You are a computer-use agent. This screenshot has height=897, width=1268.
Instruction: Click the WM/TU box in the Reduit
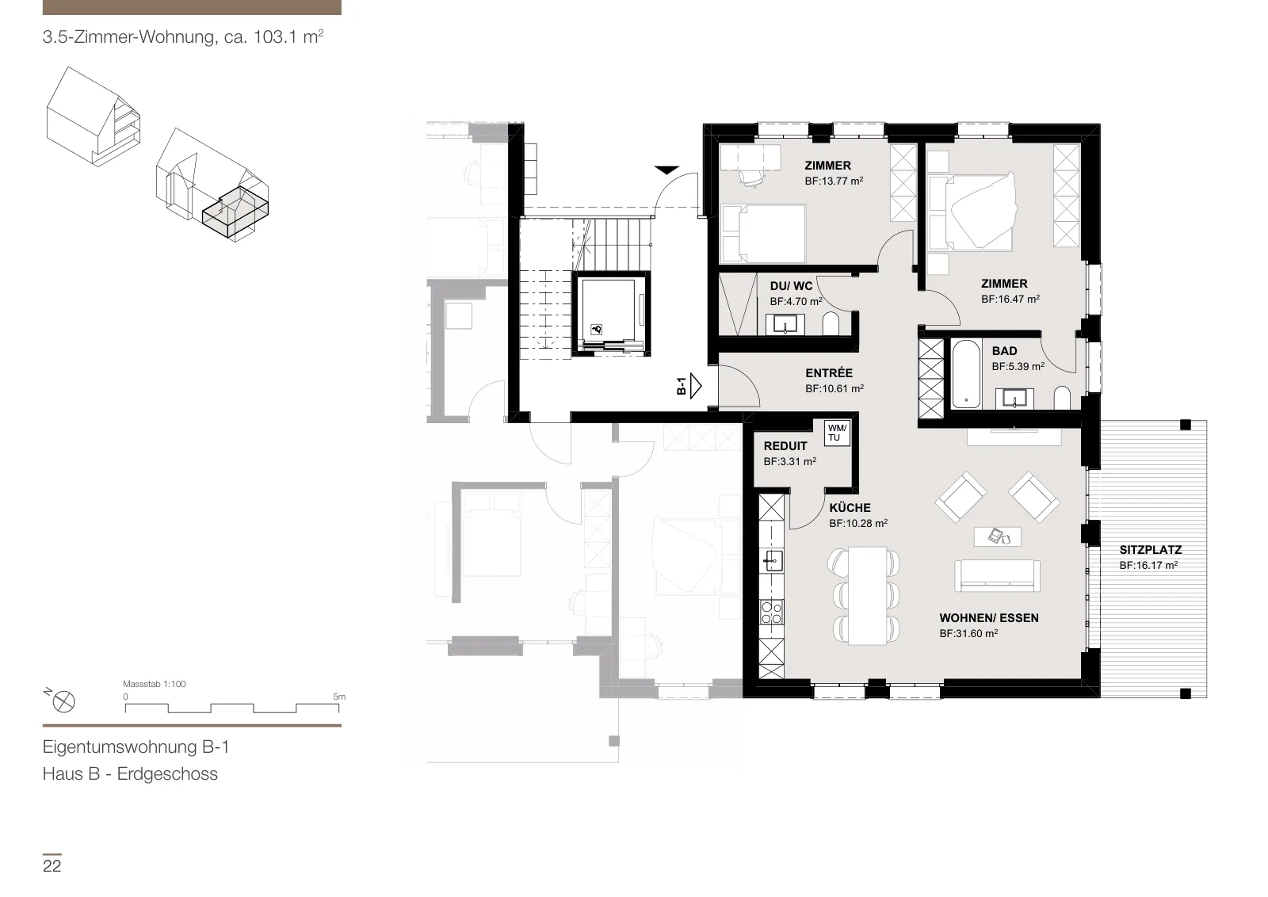837,433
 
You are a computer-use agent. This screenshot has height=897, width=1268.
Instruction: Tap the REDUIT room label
785,446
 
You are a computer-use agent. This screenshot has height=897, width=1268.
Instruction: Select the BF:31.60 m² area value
968,633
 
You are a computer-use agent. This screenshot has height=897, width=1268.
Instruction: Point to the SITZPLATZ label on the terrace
1150,549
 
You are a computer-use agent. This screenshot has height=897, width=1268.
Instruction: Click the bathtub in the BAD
966,373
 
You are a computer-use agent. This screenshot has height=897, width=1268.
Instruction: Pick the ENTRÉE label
829,373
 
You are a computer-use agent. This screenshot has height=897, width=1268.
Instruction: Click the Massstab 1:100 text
154,684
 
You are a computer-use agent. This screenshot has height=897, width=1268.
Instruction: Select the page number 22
52,866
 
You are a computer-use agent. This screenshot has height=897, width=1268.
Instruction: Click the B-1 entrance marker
689,387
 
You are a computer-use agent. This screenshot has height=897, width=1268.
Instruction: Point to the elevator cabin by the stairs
610,314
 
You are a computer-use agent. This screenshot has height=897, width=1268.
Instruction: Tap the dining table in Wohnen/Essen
867,595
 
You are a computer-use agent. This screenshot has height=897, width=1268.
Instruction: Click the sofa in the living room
997,575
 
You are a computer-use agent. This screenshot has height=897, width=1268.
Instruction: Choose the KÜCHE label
850,508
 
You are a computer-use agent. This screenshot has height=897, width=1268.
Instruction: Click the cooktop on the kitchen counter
771,613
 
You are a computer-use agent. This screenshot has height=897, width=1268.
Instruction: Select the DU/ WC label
791,286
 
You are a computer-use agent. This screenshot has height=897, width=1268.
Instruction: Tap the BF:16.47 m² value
1010,299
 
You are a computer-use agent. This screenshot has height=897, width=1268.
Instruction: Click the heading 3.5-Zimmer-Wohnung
129,36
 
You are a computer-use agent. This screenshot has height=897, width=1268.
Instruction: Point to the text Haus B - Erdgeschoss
130,773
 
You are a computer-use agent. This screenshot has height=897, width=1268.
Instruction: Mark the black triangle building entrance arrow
666,170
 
